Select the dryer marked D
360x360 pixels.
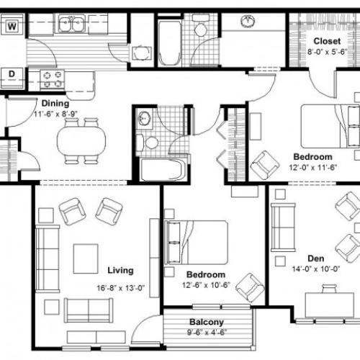tap(13, 73)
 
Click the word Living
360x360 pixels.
tap(120, 271)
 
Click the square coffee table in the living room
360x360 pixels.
tap(86, 257)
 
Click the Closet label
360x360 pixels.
tap(325, 41)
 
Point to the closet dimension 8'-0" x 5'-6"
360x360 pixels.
tap(325, 51)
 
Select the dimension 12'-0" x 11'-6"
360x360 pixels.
tap(312, 167)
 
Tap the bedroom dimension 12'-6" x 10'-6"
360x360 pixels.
tap(206, 285)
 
